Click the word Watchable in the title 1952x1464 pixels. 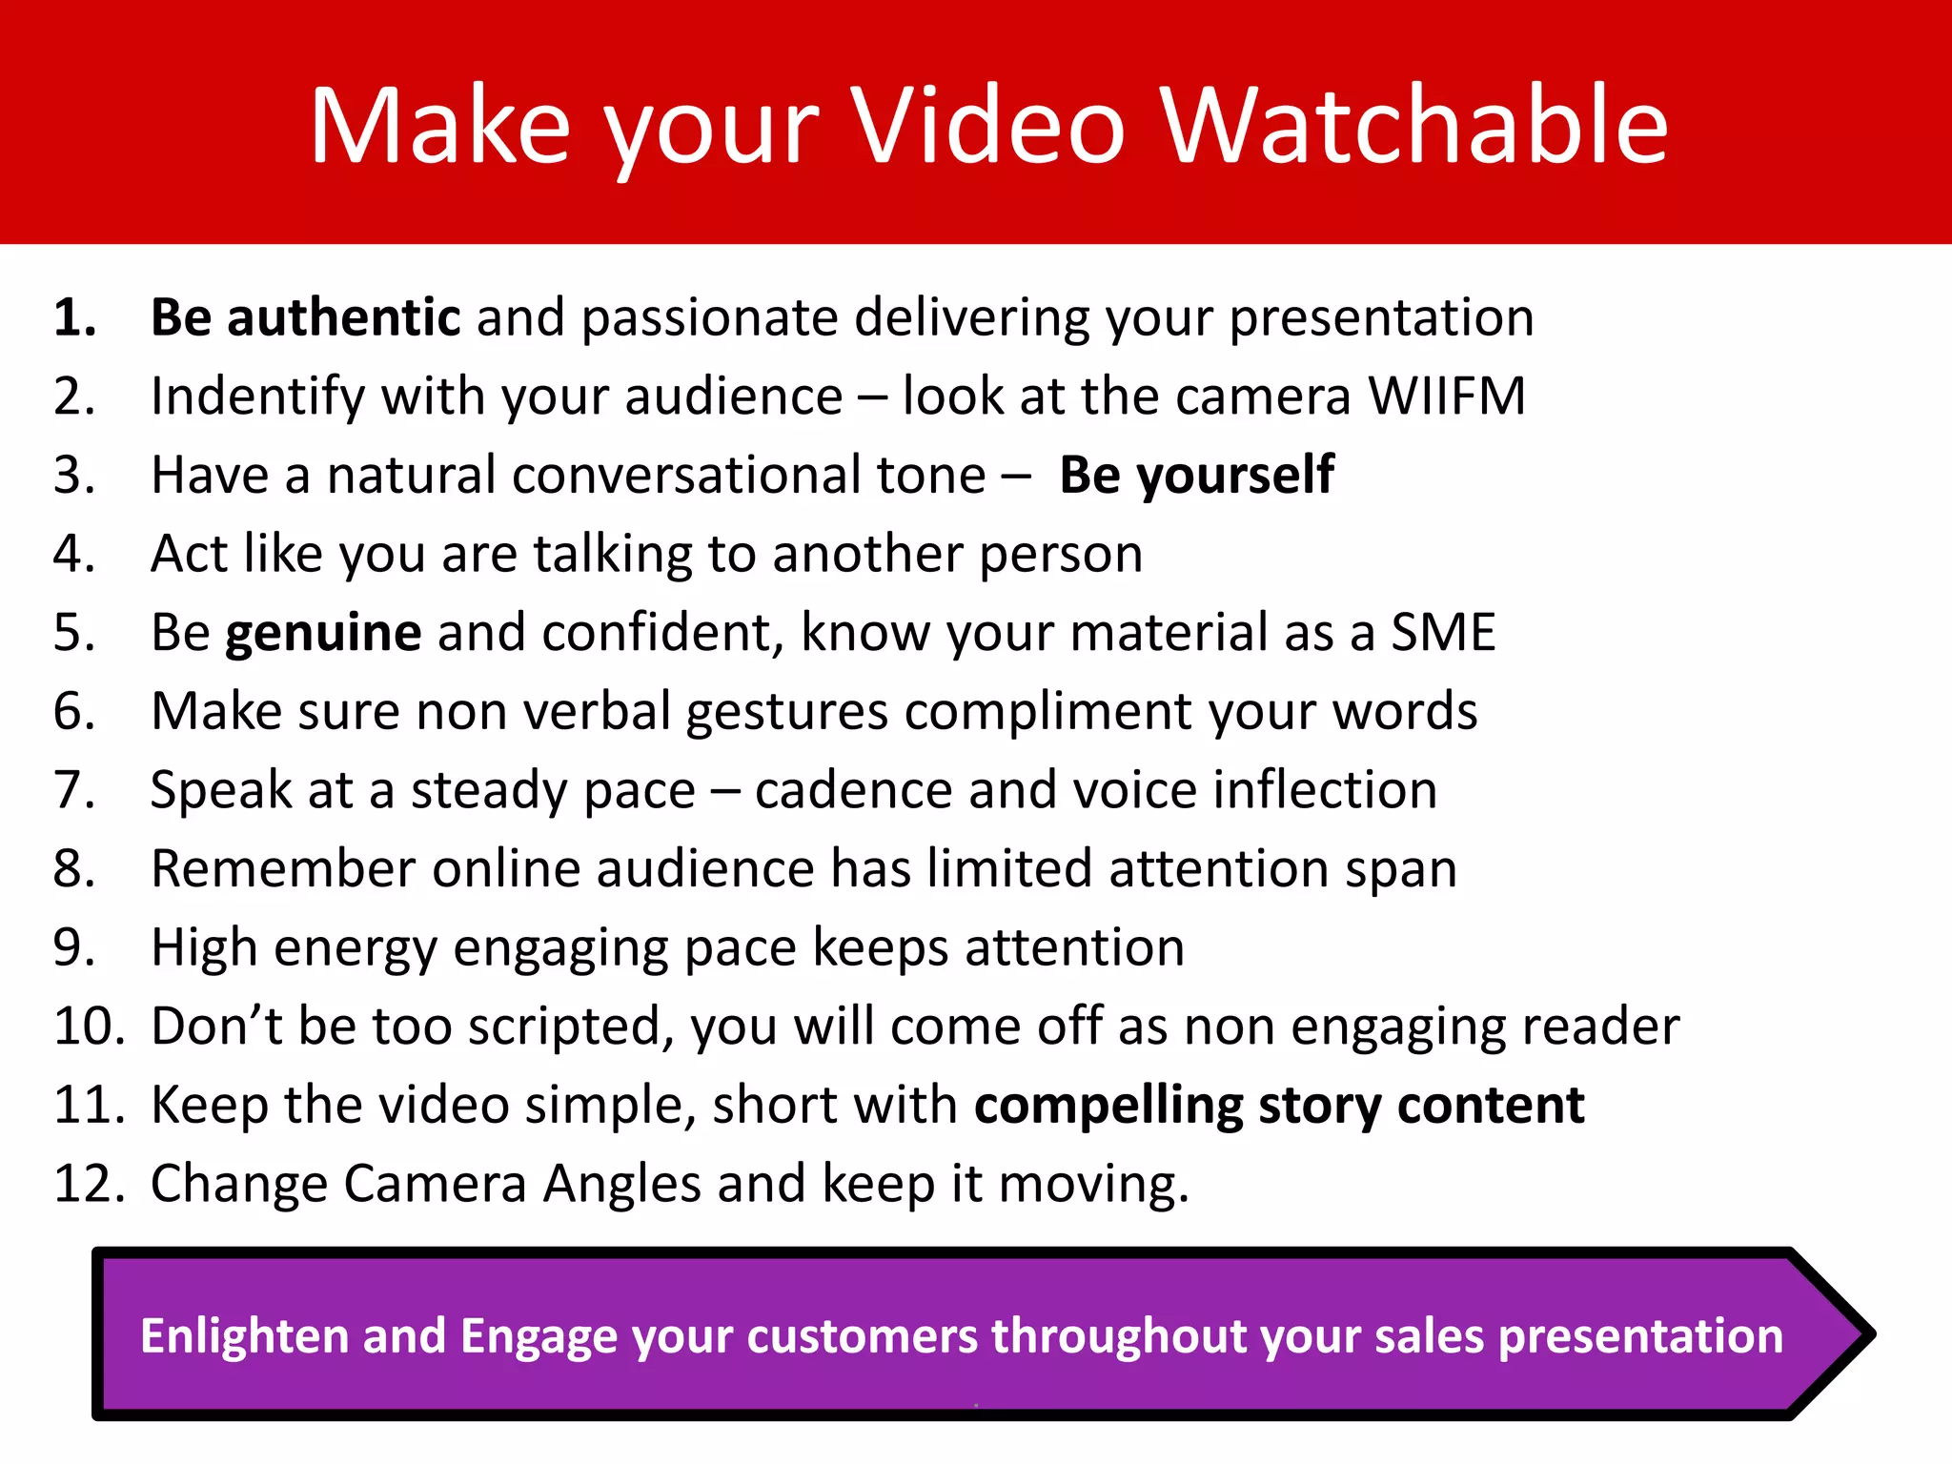point(1414,126)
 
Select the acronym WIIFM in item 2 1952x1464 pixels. point(1447,396)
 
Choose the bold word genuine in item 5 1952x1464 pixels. point(323,633)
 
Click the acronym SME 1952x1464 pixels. point(1443,633)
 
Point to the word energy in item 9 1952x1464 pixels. point(356,948)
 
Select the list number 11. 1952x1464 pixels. point(89,1106)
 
